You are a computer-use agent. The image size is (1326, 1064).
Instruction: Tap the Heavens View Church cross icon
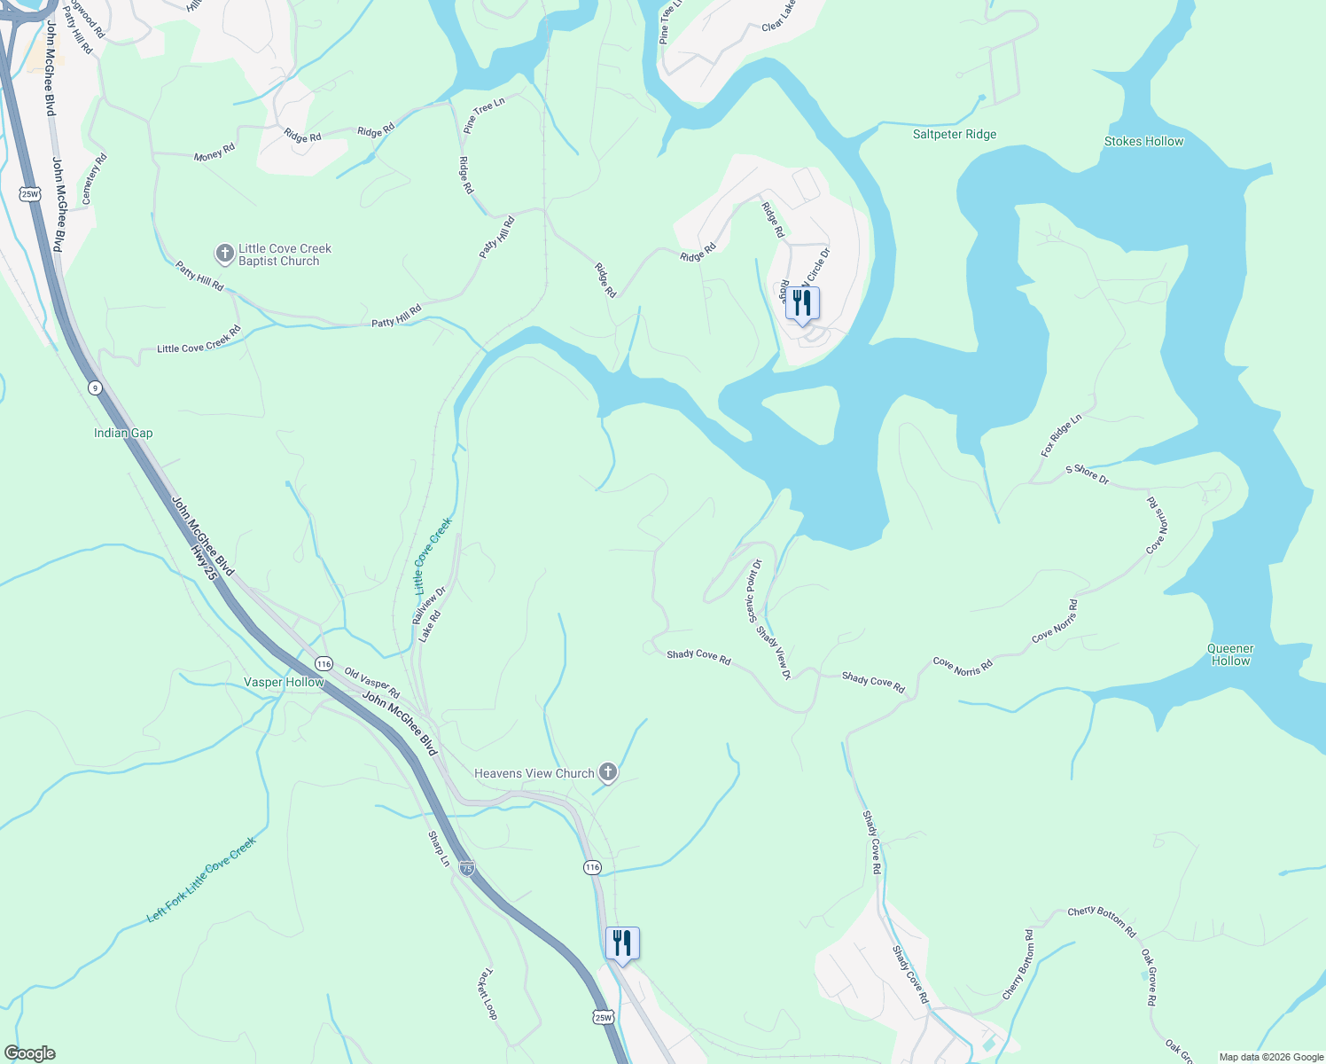point(607,773)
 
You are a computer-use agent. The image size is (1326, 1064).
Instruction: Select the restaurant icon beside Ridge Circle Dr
point(801,304)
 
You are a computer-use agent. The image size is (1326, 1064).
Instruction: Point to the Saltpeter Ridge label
point(955,135)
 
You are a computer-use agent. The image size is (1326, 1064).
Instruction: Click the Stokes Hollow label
point(1143,142)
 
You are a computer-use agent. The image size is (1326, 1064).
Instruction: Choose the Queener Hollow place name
point(1230,655)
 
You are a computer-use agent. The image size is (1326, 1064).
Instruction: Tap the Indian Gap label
point(123,434)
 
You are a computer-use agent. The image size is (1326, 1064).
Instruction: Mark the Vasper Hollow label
point(284,683)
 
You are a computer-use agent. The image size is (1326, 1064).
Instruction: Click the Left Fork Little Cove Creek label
point(201,880)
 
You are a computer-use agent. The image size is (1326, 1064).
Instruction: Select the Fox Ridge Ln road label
point(1061,435)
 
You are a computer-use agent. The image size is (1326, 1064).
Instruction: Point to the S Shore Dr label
point(1087,473)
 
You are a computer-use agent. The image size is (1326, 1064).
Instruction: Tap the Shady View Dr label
point(774,653)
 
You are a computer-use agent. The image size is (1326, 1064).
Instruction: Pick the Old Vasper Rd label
point(372,683)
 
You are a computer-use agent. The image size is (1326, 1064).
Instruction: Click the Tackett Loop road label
point(487,993)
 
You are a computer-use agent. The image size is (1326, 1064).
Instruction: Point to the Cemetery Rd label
point(94,179)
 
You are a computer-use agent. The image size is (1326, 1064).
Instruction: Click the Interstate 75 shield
point(467,868)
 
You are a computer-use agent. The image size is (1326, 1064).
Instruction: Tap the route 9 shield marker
point(95,387)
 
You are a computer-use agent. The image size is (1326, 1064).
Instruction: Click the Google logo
point(29,1053)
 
